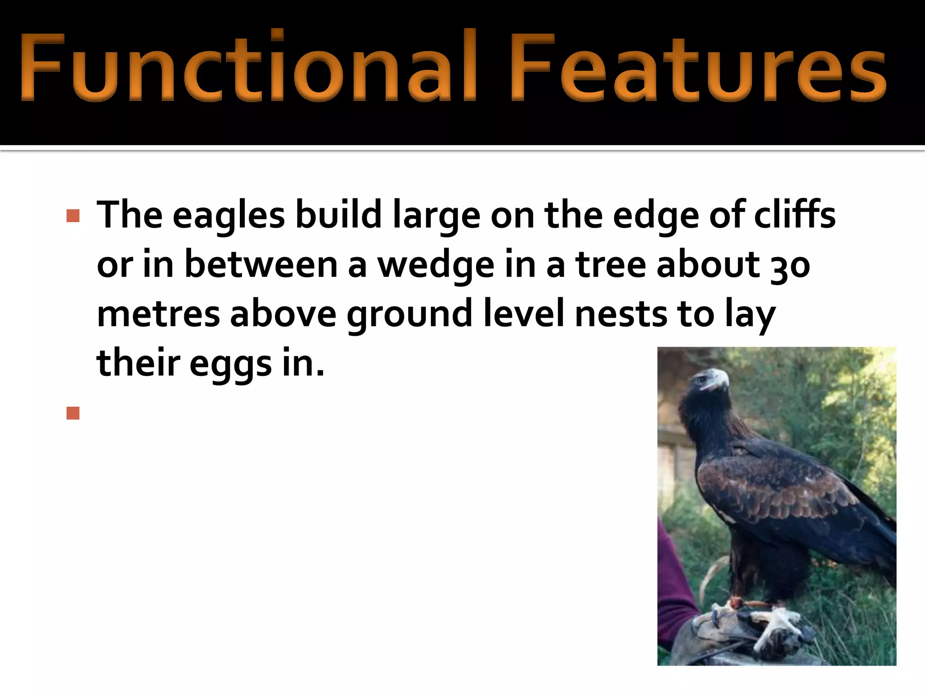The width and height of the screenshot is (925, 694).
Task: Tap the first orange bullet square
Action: [x=73, y=216]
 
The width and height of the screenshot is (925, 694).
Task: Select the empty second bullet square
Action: [x=73, y=413]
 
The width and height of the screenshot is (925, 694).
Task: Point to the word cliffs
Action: [x=795, y=215]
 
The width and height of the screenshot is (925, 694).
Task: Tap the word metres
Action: [x=158, y=315]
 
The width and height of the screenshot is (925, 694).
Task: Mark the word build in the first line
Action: [x=339, y=216]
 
